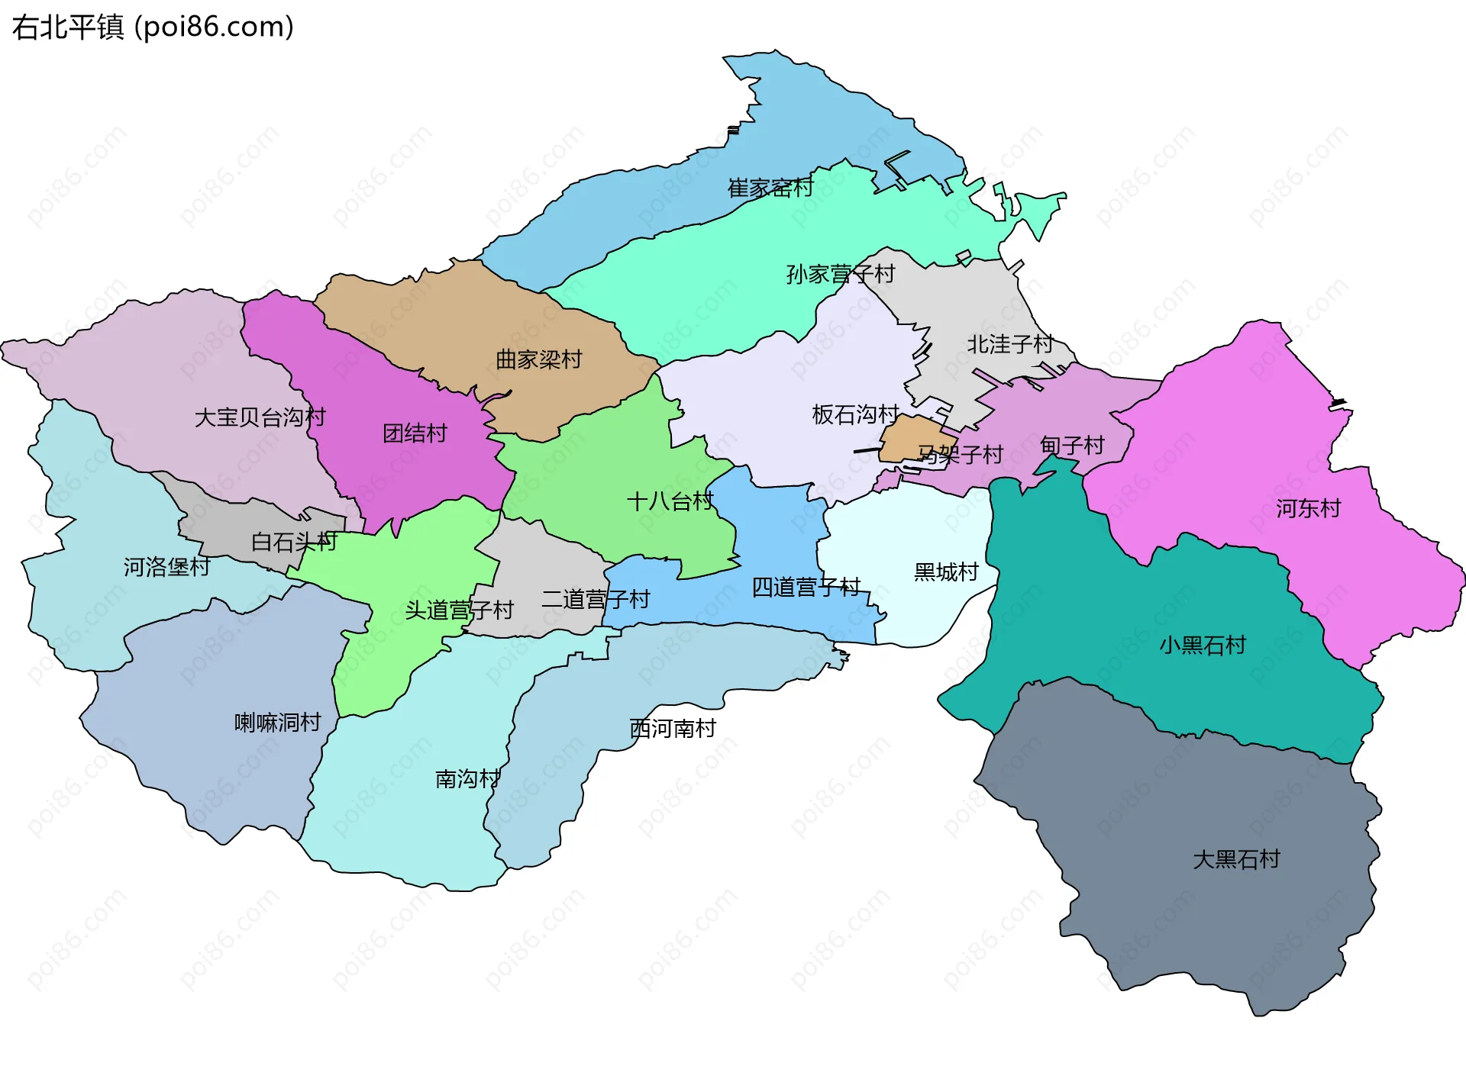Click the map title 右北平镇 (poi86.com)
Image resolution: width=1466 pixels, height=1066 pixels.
(x=153, y=27)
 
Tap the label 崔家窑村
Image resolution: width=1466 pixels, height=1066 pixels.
(x=770, y=188)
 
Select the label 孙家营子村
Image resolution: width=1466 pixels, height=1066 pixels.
(x=840, y=274)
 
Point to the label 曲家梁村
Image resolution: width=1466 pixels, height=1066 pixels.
(x=538, y=359)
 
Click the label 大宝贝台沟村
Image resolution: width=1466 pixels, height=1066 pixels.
(x=260, y=417)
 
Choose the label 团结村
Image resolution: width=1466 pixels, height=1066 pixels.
(x=415, y=433)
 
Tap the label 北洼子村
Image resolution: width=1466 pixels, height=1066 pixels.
(x=1009, y=344)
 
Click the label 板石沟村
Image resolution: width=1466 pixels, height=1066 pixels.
(x=855, y=414)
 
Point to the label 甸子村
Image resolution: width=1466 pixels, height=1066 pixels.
(x=1072, y=445)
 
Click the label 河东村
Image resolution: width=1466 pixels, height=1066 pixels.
(x=1308, y=508)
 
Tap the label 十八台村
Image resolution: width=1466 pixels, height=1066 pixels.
(x=670, y=501)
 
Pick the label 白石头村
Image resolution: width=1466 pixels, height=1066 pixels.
(x=294, y=542)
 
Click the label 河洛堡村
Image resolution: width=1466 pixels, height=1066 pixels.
(x=166, y=567)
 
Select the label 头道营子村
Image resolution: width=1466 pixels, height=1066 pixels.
(x=459, y=610)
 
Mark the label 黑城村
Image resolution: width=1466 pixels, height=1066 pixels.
(x=946, y=572)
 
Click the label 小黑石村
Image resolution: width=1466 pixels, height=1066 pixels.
(x=1202, y=646)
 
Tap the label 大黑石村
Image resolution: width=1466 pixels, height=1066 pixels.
(x=1236, y=859)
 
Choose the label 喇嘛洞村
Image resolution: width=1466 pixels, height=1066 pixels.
(x=277, y=722)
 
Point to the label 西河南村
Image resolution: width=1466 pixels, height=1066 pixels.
(x=672, y=729)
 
